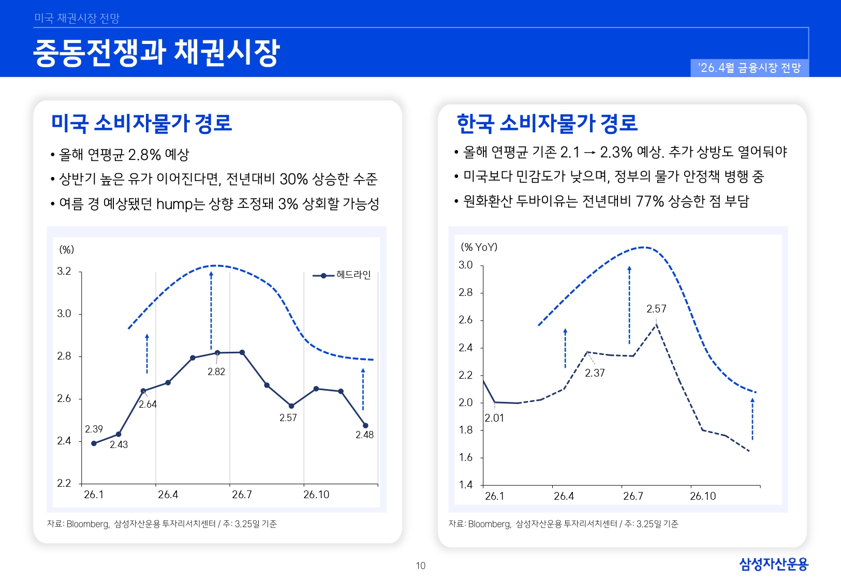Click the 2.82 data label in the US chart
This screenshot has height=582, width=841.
click(x=216, y=371)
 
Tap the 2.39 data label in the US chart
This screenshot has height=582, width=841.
click(x=94, y=429)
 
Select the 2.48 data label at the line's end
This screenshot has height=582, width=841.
click(x=364, y=435)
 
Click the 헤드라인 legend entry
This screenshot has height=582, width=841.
click(x=353, y=275)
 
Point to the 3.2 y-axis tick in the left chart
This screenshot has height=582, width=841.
click(x=64, y=271)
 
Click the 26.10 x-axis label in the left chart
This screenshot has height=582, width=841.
click(x=316, y=495)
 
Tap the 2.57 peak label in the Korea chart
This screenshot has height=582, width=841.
click(x=656, y=309)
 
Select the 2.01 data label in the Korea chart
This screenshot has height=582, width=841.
click(x=494, y=418)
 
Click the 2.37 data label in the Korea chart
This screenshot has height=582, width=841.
click(x=595, y=373)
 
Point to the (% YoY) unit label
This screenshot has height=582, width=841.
click(x=479, y=247)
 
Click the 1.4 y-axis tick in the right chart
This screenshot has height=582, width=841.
click(x=466, y=485)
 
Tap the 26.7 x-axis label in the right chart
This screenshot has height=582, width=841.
click(x=633, y=496)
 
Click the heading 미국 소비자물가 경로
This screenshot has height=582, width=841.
click(x=141, y=123)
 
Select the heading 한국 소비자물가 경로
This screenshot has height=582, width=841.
click(x=547, y=123)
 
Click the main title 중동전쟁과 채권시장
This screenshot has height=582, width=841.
click(x=156, y=53)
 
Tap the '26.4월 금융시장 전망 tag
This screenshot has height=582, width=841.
click(x=749, y=68)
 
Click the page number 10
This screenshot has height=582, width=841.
click(x=421, y=565)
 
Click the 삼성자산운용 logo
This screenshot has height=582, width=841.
click(x=773, y=564)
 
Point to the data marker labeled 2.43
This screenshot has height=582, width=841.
click(x=119, y=434)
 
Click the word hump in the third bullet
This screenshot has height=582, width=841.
click(x=174, y=204)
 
